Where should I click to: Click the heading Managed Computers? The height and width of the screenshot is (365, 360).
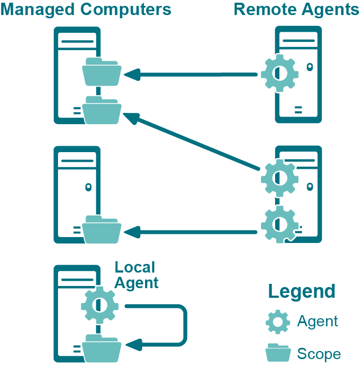tap(86, 10)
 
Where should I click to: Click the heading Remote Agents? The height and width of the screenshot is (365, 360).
tap(296, 10)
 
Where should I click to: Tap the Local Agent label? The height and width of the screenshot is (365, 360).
tap(136, 275)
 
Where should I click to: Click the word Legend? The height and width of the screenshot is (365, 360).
tap(301, 291)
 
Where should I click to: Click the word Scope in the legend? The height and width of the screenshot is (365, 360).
tap(319, 354)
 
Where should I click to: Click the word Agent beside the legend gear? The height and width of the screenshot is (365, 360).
tap(318, 321)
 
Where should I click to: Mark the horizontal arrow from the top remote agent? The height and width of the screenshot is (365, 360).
tap(191, 74)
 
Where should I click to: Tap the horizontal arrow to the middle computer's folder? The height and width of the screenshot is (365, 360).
tap(191, 232)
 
